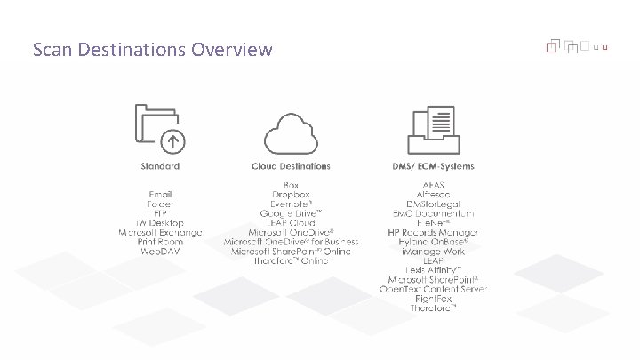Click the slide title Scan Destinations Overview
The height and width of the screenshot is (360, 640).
(x=152, y=49)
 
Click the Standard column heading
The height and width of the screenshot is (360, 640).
(x=160, y=166)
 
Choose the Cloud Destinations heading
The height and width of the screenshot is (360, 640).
(x=291, y=166)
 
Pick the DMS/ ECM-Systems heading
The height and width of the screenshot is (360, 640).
(x=433, y=166)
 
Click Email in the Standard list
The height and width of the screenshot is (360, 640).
(x=160, y=194)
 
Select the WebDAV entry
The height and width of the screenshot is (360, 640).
(x=160, y=252)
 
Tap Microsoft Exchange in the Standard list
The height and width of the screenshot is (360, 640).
(x=160, y=232)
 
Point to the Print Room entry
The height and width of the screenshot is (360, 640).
(x=160, y=242)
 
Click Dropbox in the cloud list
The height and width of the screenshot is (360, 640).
(x=291, y=194)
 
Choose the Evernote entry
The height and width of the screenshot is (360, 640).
(x=291, y=204)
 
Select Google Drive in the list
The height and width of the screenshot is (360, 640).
(x=291, y=213)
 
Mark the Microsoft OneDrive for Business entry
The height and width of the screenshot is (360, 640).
(x=291, y=242)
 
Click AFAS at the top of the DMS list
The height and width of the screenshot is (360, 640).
(x=434, y=185)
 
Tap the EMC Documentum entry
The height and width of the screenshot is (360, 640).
(x=434, y=213)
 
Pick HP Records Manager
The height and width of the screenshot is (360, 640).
(x=434, y=232)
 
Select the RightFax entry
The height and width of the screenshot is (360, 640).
(x=434, y=299)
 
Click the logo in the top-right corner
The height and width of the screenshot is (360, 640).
(x=577, y=45)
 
